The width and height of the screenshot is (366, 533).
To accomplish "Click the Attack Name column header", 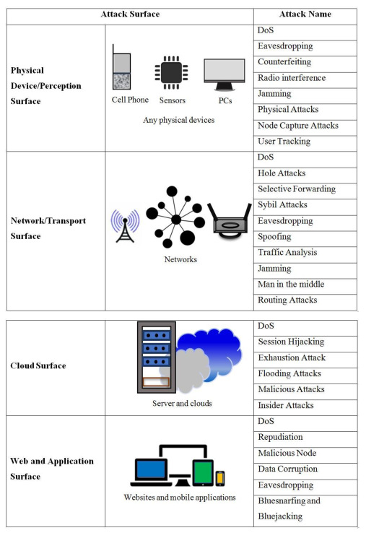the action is tap(305, 14).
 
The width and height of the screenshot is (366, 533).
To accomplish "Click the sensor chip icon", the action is tap(170, 72).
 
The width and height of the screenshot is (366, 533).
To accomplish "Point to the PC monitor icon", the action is tap(224, 73).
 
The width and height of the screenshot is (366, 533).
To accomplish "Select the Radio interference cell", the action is tap(292, 78).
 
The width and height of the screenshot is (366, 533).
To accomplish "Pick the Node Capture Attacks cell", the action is tap(297, 126).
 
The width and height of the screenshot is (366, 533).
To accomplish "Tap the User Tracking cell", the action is tap(284, 142).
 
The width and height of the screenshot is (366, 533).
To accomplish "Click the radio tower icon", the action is tap(124, 225).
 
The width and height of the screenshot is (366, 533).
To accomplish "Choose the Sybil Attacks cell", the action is tap(282, 205).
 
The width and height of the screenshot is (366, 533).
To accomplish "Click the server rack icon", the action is tap(156, 357).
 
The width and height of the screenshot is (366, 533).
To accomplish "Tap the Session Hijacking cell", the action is tap(291, 342).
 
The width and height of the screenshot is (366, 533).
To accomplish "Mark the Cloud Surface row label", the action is tap(38, 365).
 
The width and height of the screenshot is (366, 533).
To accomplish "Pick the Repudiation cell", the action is tap(280, 437).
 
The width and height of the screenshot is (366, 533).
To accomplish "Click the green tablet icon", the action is tap(204, 473).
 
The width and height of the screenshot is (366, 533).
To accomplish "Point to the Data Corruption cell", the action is tap(287, 469).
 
